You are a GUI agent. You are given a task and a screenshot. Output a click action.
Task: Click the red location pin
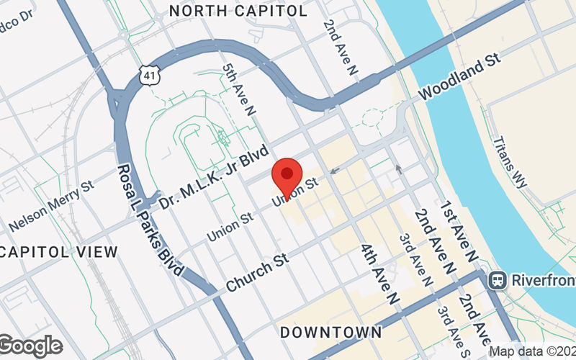click(287, 177)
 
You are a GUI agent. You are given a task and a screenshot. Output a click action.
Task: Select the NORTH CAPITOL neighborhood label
click(238, 11)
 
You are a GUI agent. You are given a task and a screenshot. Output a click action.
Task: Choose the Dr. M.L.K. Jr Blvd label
click(214, 177)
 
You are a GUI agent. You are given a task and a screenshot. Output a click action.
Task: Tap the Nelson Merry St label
click(52, 205)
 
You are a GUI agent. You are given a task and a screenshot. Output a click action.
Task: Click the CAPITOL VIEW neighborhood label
click(59, 252)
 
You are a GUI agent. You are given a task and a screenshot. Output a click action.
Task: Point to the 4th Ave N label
click(379, 274)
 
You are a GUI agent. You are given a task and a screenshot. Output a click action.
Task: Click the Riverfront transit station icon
click(496, 279)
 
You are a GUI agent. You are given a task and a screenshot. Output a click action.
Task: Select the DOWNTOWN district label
click(330, 332)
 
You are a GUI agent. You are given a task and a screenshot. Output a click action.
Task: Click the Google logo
click(30, 346)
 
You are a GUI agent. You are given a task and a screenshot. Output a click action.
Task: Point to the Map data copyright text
click(532, 351)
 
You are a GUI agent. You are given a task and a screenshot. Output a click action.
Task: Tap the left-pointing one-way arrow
click(334, 171)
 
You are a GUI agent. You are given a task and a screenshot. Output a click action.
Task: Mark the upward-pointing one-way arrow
click(398, 170)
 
